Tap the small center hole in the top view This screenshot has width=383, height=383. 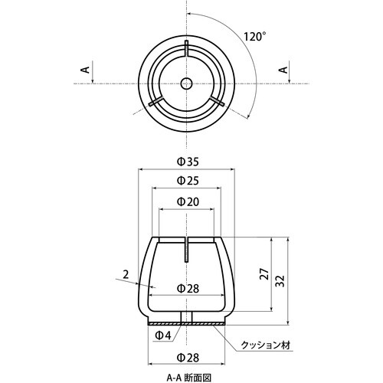(186, 83)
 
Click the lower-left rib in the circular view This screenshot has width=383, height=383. (156, 101)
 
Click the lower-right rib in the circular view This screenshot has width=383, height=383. (217, 101)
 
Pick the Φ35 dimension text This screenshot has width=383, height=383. (186, 161)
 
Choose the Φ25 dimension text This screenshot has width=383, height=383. (186, 180)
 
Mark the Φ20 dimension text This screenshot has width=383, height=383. (186, 200)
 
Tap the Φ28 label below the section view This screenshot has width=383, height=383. (186, 357)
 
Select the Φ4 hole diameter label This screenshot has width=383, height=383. (162, 334)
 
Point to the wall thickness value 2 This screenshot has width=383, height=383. (123, 273)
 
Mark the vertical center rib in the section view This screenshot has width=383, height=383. (186, 248)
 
